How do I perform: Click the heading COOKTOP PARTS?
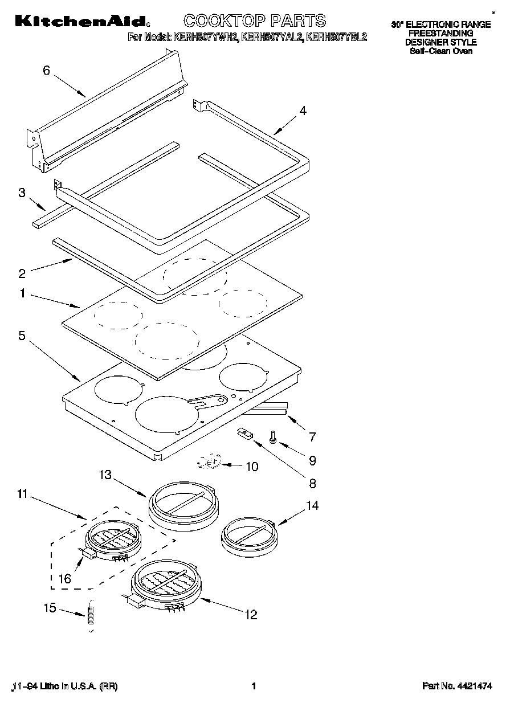pyautogui.click(x=254, y=21)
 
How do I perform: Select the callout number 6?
pyautogui.click(x=47, y=71)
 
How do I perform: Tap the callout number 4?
pyautogui.click(x=303, y=111)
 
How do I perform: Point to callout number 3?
pyautogui.click(x=22, y=193)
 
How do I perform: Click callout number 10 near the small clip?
pyautogui.click(x=251, y=467)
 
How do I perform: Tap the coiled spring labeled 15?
pyautogui.click(x=89, y=618)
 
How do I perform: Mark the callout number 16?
pyautogui.click(x=65, y=579)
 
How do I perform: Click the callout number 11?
pyautogui.click(x=22, y=494)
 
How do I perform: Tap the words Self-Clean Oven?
pyautogui.click(x=440, y=51)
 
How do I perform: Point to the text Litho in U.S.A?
pyautogui.click(x=68, y=686)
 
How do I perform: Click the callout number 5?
pyautogui.click(x=22, y=336)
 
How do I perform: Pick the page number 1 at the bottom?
pyautogui.click(x=253, y=686)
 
